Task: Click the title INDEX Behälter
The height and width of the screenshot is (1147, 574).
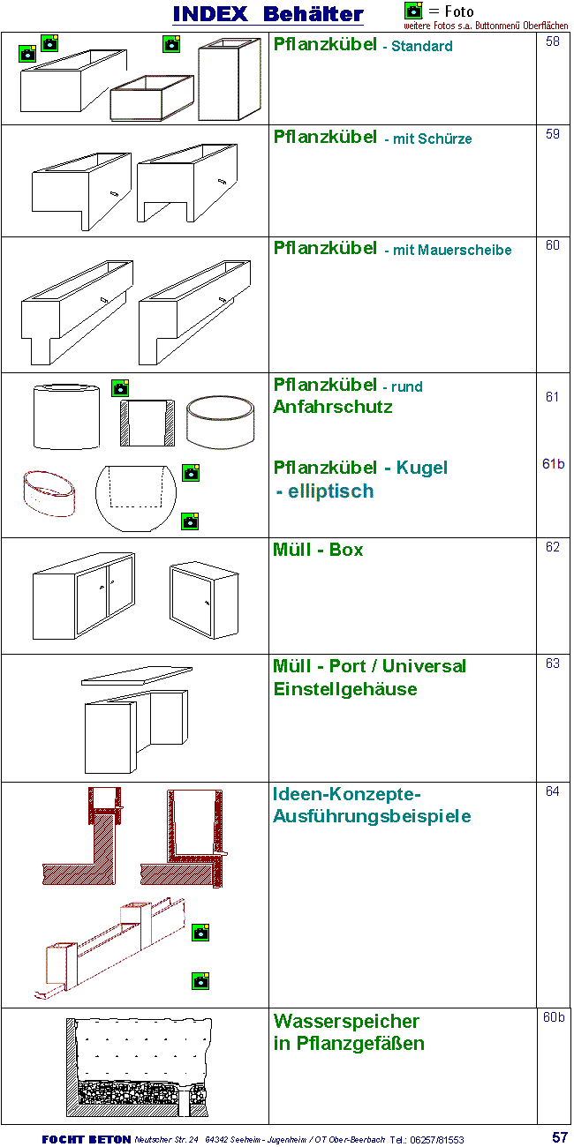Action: pyautogui.click(x=268, y=14)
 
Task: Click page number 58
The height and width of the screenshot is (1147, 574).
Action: pyautogui.click(x=553, y=41)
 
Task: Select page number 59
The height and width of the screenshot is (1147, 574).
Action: pyautogui.click(x=553, y=134)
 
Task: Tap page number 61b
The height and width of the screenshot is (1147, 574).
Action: pyautogui.click(x=553, y=464)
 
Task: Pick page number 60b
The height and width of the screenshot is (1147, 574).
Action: pyautogui.click(x=554, y=1017)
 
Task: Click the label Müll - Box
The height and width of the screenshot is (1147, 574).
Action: pyautogui.click(x=318, y=550)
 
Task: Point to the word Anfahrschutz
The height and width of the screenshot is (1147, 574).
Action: pyautogui.click(x=333, y=408)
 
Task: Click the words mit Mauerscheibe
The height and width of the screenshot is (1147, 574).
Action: pyautogui.click(x=448, y=251)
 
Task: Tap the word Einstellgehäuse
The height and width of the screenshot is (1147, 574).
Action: pyautogui.click(x=345, y=689)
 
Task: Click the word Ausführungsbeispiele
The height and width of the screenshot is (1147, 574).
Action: pyautogui.click(x=372, y=816)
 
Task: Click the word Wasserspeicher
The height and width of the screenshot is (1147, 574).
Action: pyautogui.click(x=346, y=1022)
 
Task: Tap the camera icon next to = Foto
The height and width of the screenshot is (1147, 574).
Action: pyautogui.click(x=413, y=11)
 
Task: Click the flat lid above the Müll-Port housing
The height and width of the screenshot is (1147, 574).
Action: pyautogui.click(x=136, y=676)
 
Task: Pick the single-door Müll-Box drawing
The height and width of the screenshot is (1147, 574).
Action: pyautogui.click(x=203, y=599)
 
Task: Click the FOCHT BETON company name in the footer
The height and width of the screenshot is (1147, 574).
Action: pyautogui.click(x=86, y=1139)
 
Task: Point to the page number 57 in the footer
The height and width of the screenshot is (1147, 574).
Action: pyautogui.click(x=560, y=1137)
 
